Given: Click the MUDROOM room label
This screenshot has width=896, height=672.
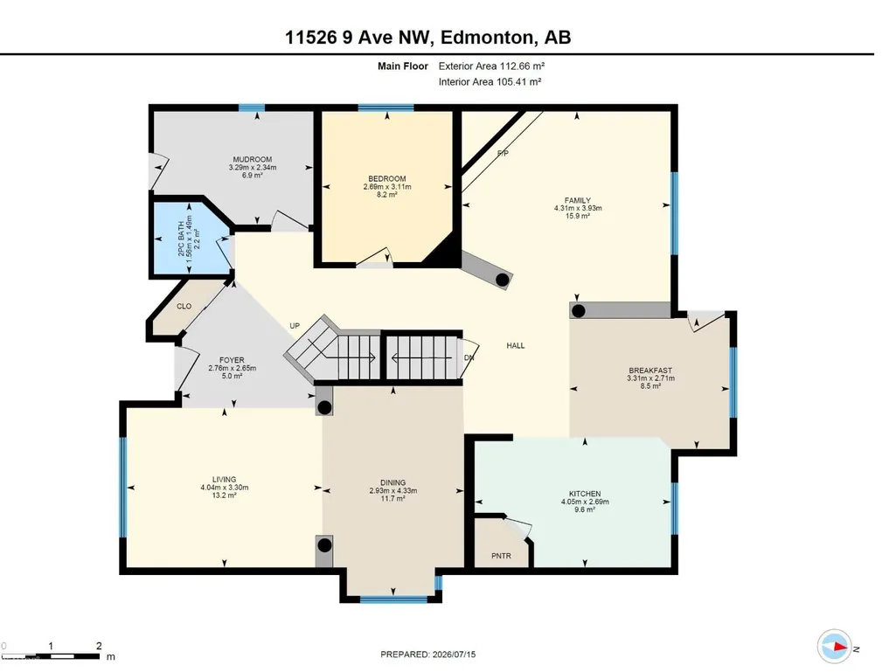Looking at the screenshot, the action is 252,159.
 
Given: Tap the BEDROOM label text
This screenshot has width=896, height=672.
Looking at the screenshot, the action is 387,179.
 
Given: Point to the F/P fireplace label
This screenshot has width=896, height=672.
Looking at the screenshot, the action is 503,153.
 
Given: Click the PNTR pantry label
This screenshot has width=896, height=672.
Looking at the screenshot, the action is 501,556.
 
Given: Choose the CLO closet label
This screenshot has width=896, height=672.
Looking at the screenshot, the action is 184,306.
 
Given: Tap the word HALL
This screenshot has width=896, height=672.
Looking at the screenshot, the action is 516,345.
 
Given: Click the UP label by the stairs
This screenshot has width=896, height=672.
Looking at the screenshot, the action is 295,326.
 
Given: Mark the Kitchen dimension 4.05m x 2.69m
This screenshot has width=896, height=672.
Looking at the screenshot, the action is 585,502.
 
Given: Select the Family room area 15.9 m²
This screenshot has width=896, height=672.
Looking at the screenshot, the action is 578,216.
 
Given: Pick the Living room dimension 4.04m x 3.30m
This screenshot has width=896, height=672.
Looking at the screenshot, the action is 224,488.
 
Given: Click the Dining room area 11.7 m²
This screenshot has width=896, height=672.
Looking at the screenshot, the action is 393,498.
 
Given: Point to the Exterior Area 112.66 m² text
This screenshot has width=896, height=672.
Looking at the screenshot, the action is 491,66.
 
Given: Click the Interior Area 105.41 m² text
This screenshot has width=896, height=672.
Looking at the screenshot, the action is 490,82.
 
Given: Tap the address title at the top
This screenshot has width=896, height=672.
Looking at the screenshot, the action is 428,38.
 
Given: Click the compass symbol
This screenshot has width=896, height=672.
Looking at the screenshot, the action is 834,647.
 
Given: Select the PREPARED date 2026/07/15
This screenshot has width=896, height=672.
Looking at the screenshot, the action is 453,655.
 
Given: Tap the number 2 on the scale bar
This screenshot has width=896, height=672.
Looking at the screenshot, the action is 99,646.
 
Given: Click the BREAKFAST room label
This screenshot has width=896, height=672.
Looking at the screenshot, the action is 650,371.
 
